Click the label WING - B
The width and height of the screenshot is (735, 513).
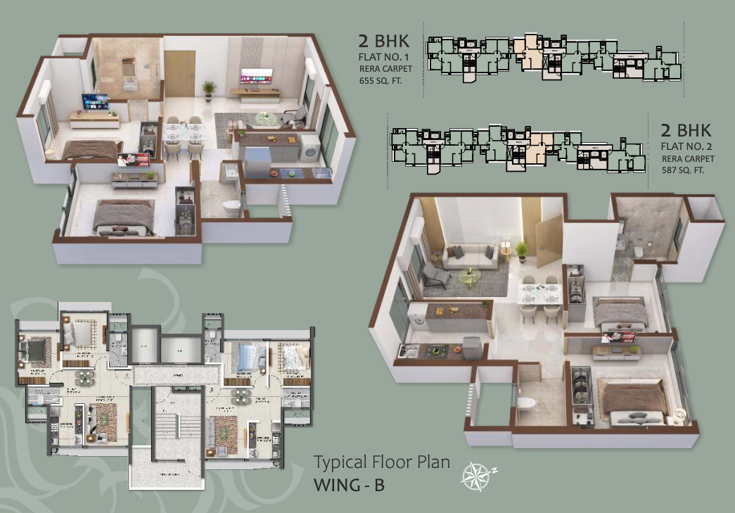click(x=349, y=486)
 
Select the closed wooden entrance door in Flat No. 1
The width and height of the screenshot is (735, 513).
click(x=179, y=74)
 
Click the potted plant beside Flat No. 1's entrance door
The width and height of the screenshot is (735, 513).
click(x=209, y=89)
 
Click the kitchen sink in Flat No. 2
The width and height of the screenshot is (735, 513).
click(x=406, y=348)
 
